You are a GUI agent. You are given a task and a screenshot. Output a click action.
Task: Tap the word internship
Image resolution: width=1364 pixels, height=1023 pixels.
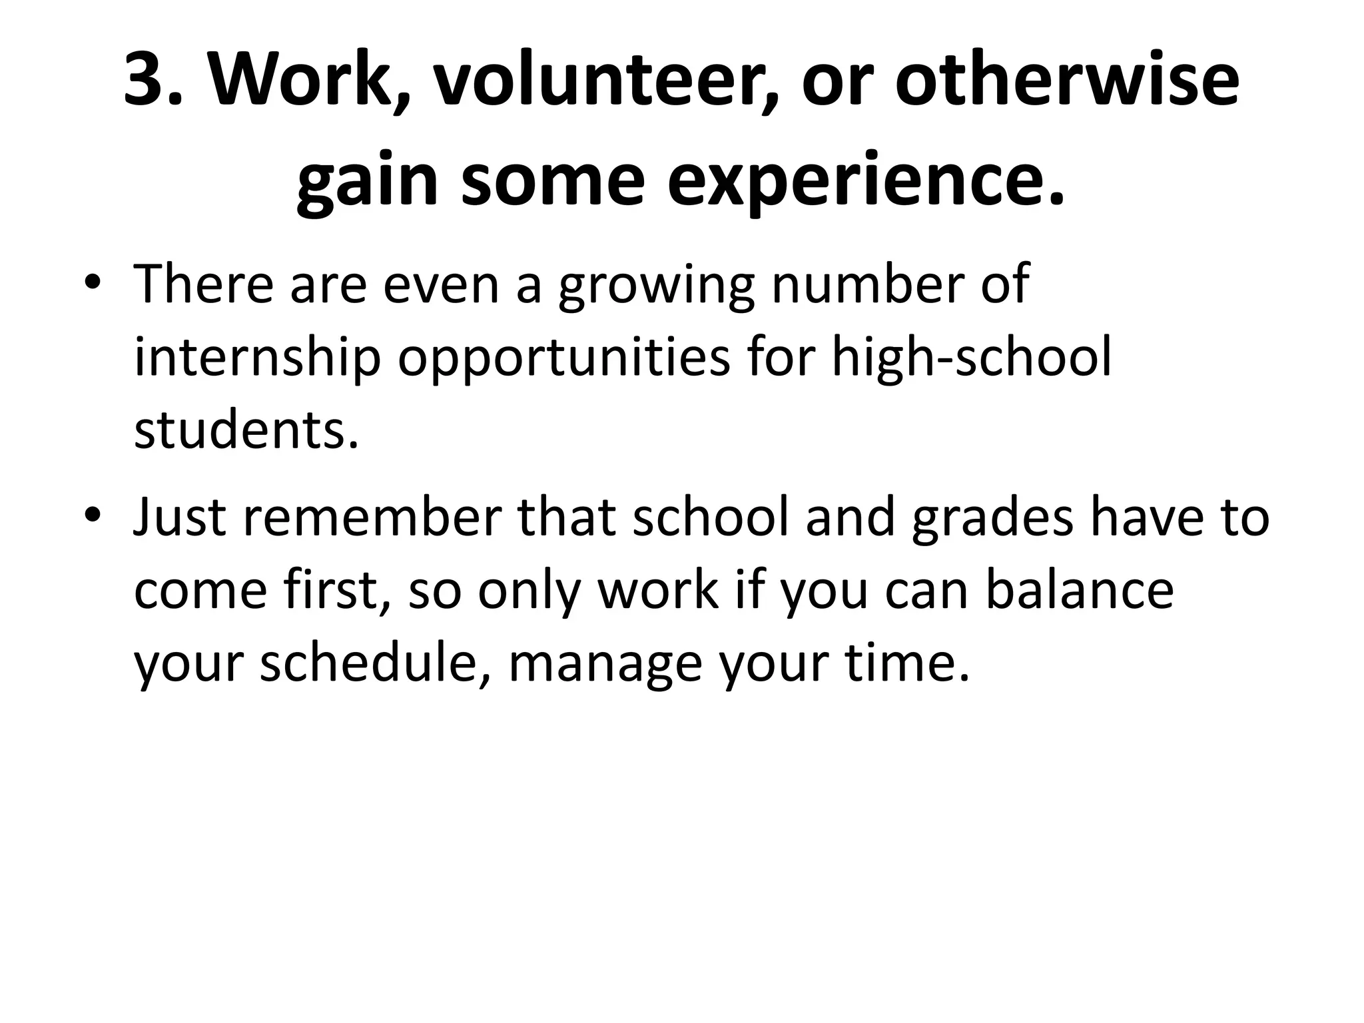click(x=257, y=360)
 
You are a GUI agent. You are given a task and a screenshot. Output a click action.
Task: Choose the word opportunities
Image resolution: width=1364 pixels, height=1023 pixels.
click(x=564, y=360)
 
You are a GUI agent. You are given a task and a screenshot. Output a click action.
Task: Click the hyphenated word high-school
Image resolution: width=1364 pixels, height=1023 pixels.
click(x=972, y=360)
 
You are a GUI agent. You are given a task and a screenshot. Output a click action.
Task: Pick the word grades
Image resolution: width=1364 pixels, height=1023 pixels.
click(x=992, y=519)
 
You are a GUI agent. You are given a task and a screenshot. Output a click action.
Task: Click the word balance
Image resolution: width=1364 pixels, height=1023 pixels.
click(x=1079, y=591)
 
